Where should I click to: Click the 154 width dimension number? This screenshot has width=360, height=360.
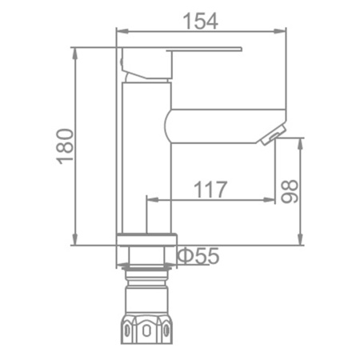click(201, 20)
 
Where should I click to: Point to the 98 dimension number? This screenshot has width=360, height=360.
click(290, 190)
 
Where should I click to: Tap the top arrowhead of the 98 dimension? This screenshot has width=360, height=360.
click(301, 142)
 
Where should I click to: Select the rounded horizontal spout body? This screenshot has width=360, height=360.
click(216, 124)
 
